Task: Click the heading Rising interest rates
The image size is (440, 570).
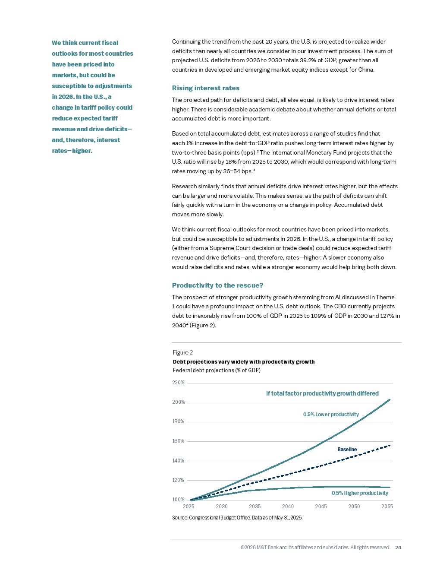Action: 205,88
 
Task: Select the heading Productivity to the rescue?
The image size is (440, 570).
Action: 217,285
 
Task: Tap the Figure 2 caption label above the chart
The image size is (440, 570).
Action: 182,352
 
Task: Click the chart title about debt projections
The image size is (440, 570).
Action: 243,362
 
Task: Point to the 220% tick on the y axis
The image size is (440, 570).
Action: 178,383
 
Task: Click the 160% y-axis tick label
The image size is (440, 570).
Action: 178,441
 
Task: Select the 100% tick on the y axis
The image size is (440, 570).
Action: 178,500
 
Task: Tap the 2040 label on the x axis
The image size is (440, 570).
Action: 288,507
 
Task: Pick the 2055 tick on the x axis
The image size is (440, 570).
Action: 387,507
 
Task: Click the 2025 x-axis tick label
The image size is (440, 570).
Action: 189,507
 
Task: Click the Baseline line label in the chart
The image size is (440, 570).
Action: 347,450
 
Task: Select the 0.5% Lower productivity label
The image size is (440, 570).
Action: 331,415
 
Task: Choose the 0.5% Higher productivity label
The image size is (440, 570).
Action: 360,493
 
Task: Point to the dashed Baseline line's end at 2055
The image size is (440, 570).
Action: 390,445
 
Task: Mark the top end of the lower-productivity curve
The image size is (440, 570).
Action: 390,400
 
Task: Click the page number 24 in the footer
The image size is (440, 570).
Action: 398,548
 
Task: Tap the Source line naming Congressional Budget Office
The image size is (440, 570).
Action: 237,518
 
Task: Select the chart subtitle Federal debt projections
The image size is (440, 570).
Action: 217,370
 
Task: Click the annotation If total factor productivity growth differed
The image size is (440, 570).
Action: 322,393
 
